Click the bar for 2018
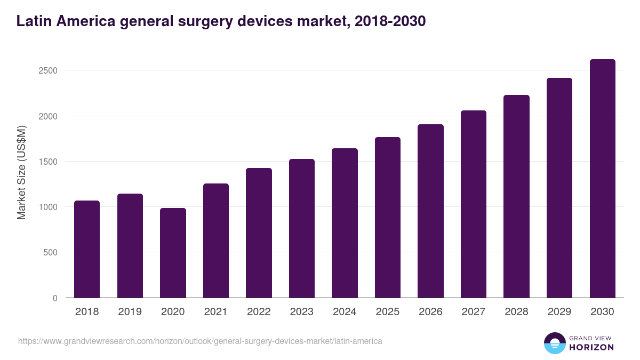pyautogui.click(x=87, y=249)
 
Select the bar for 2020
pyautogui.click(x=173, y=253)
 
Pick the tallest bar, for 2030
pyautogui.click(x=603, y=179)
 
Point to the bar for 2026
pyautogui.click(x=430, y=211)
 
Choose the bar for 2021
pyautogui.click(x=216, y=241)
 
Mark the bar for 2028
pyautogui.click(x=516, y=196)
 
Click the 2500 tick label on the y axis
pyautogui.click(x=48, y=71)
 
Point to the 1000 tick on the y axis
pyautogui.click(x=48, y=207)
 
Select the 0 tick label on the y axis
pyautogui.click(x=55, y=298)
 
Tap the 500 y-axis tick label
pyautogui.click(x=50, y=253)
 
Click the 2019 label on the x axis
pyautogui.click(x=130, y=312)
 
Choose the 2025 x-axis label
pyautogui.click(x=387, y=312)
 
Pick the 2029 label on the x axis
pyautogui.click(x=559, y=312)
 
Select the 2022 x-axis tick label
pyautogui.click(x=259, y=312)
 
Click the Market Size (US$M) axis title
pyautogui.click(x=21, y=172)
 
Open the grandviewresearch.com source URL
pyautogui.click(x=200, y=341)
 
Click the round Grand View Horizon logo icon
pyautogui.click(x=555, y=343)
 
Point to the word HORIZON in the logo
pyautogui.click(x=592, y=347)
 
